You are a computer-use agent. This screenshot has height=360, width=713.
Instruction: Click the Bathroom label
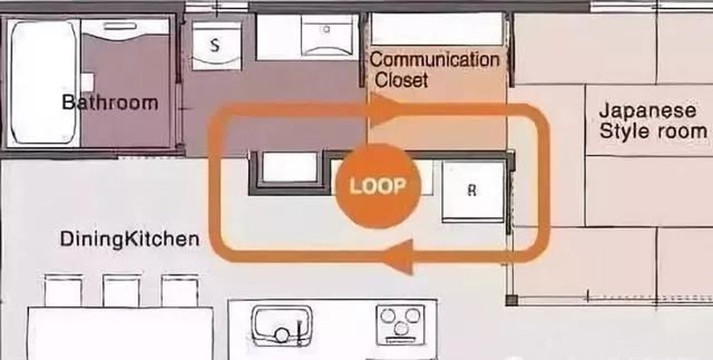pos(110,102)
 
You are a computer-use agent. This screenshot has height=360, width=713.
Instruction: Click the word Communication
pos(434,60)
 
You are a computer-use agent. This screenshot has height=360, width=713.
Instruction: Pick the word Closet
pos(401,80)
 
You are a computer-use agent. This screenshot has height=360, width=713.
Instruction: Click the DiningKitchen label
pos(129,239)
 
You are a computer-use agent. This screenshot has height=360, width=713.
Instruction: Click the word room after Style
pos(680,132)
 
